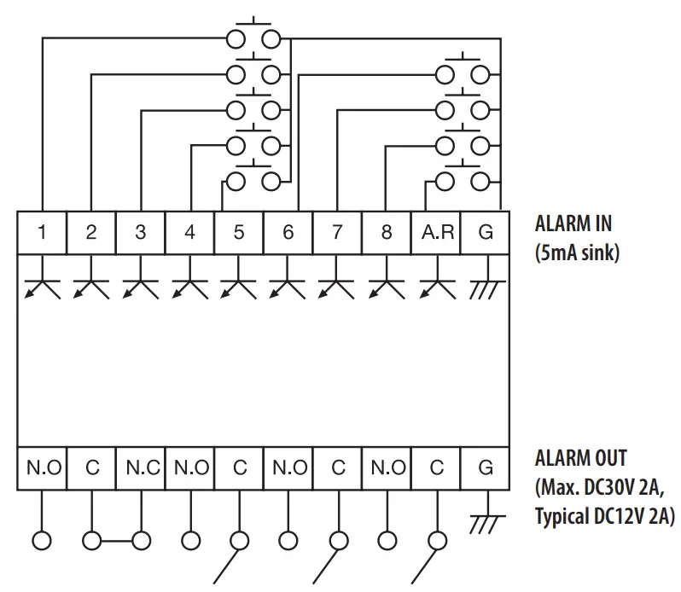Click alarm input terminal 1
coord(42,232)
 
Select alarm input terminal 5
coord(239,232)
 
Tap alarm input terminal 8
coord(387,232)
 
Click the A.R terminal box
coord(436,232)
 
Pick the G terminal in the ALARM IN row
coord(485,232)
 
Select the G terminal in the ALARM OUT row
coord(485,468)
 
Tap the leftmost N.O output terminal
coord(42,468)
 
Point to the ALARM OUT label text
coord(580,458)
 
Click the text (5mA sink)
coord(576,252)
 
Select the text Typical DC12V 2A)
coord(604,516)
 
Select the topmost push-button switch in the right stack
coord(463,72)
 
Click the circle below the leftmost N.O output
coord(42,540)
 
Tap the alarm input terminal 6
coord(288,232)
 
